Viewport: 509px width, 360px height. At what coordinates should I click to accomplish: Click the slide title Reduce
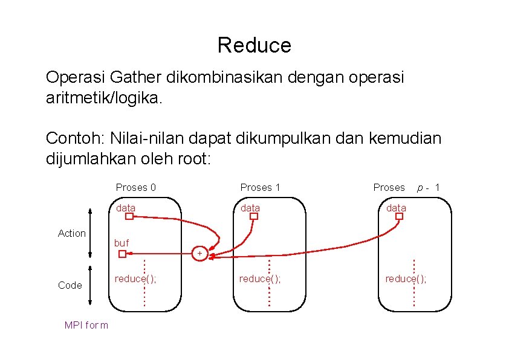[x=254, y=45]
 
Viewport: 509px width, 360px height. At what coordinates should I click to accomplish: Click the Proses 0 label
[x=135, y=187]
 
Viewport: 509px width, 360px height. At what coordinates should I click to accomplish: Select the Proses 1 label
[x=260, y=187]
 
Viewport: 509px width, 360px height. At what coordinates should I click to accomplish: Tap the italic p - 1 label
[x=429, y=187]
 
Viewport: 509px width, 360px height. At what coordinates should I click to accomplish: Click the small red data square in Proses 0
[x=129, y=216]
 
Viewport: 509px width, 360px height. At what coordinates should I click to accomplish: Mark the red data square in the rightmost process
[x=399, y=216]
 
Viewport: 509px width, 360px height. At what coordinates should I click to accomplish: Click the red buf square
[x=122, y=254]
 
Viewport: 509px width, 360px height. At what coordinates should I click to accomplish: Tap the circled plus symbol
[x=199, y=253]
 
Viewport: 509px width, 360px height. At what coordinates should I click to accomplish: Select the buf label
[x=122, y=243]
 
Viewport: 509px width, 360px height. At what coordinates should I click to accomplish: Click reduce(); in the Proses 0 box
[x=135, y=278]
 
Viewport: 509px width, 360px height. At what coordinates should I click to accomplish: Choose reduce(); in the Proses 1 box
[x=260, y=278]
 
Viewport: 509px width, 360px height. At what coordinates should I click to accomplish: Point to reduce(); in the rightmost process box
[x=406, y=278]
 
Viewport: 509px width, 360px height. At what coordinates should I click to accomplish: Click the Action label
[x=71, y=233]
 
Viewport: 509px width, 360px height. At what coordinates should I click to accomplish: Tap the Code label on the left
[x=70, y=285]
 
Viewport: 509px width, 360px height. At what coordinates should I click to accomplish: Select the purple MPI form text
[x=86, y=326]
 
